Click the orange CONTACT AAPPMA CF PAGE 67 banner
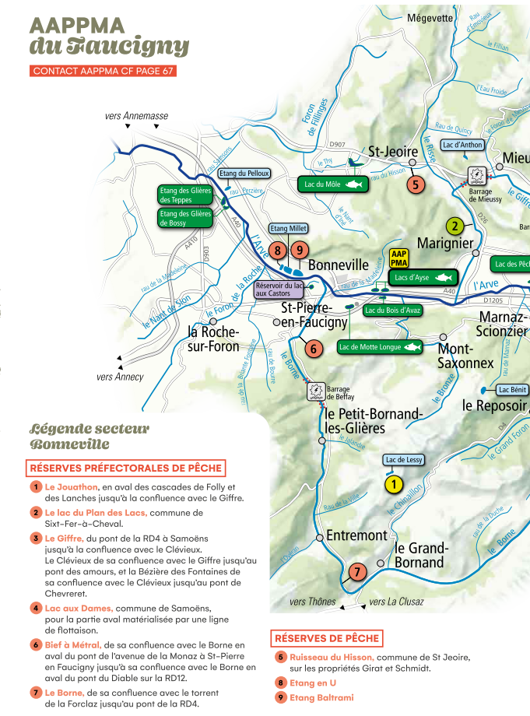tap(103, 71)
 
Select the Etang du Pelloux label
tap(244, 174)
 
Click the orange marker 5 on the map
tap(416, 184)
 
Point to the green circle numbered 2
tap(455, 226)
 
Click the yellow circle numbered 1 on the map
tap(394, 485)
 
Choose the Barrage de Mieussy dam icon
tap(476, 174)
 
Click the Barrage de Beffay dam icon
tap(316, 391)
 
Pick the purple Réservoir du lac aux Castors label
tap(279, 290)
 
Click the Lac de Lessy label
tap(404, 460)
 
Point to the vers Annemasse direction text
tap(136, 116)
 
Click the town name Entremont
tap(356, 535)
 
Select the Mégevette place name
tap(430, 18)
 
